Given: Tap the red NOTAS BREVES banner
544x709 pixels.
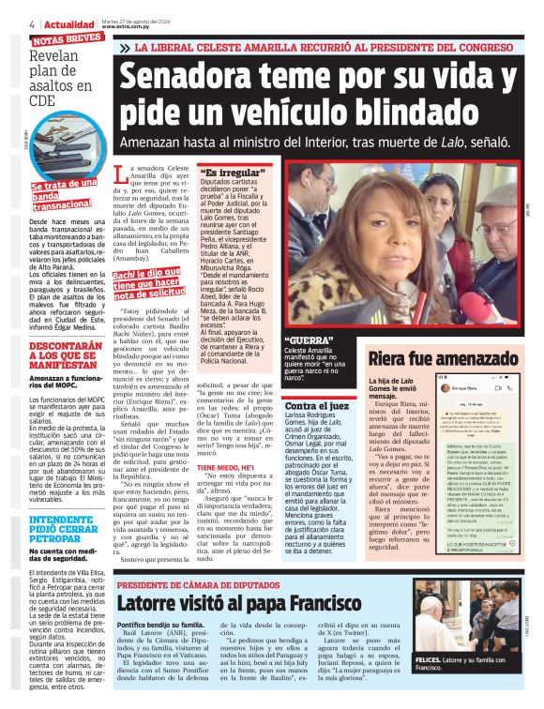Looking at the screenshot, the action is coord(67,40).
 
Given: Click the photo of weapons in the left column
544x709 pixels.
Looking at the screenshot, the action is coord(61,150).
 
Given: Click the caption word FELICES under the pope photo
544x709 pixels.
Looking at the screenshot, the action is coord(429,662).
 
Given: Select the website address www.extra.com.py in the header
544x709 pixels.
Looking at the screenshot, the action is coord(127,26).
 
